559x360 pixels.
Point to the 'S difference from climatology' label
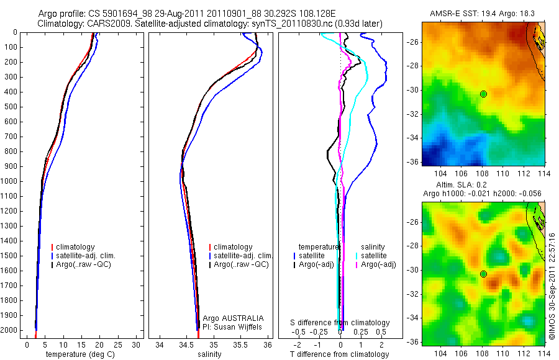coord(340,323)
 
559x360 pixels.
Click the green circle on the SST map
coord(483,94)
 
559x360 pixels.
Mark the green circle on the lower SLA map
coord(483,274)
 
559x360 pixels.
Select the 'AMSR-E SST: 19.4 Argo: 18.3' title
coord(483,13)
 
